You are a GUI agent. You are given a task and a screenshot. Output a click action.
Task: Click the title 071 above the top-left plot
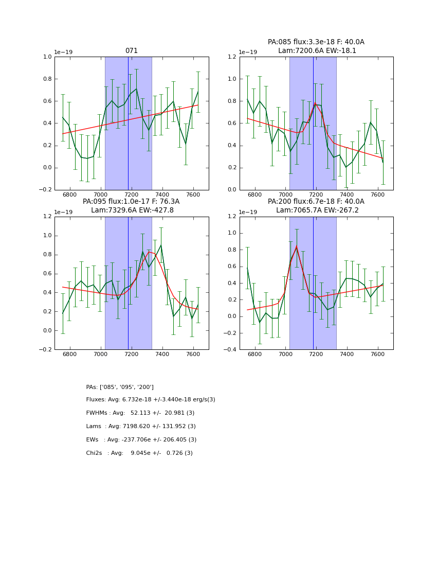click(x=132, y=51)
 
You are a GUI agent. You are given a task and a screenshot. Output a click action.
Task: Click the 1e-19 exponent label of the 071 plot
click(x=63, y=52)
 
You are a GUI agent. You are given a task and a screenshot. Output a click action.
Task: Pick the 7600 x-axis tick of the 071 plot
click(x=193, y=194)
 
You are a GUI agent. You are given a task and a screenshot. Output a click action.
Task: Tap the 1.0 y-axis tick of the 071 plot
click(x=47, y=57)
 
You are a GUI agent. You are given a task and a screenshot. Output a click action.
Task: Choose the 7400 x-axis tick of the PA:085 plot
click(x=347, y=194)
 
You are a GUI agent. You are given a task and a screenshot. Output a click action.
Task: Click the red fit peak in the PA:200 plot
click(x=296, y=246)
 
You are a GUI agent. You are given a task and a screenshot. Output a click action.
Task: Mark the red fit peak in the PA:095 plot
click(x=150, y=252)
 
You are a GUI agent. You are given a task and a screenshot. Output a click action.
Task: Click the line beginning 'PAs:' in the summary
click(x=120, y=387)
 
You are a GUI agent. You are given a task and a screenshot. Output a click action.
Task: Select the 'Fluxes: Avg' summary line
click(x=151, y=400)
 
